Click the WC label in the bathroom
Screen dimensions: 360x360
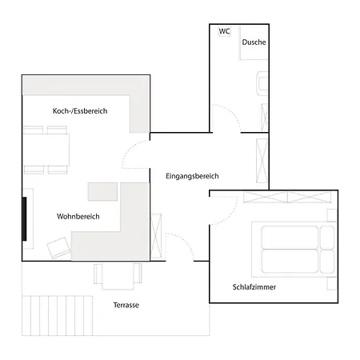[x=224, y=31]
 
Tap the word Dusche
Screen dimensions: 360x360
[x=254, y=42]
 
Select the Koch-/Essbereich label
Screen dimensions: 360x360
[x=80, y=111]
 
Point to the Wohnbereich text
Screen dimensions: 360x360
[x=78, y=216]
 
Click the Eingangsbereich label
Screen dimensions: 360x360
[x=192, y=176]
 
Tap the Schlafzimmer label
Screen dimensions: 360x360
[x=254, y=287]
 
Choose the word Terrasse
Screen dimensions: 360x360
[x=126, y=305]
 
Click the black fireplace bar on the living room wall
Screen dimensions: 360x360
[x=25, y=219]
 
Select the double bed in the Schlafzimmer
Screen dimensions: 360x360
[x=294, y=250]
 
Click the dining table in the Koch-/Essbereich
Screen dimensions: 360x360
[x=46, y=150]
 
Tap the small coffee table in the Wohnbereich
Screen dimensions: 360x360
[x=102, y=191]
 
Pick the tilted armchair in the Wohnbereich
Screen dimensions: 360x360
[x=58, y=248]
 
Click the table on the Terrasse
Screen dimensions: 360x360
[x=118, y=276]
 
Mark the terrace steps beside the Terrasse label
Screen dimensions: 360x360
[x=58, y=315]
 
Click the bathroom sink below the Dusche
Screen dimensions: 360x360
[x=262, y=83]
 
